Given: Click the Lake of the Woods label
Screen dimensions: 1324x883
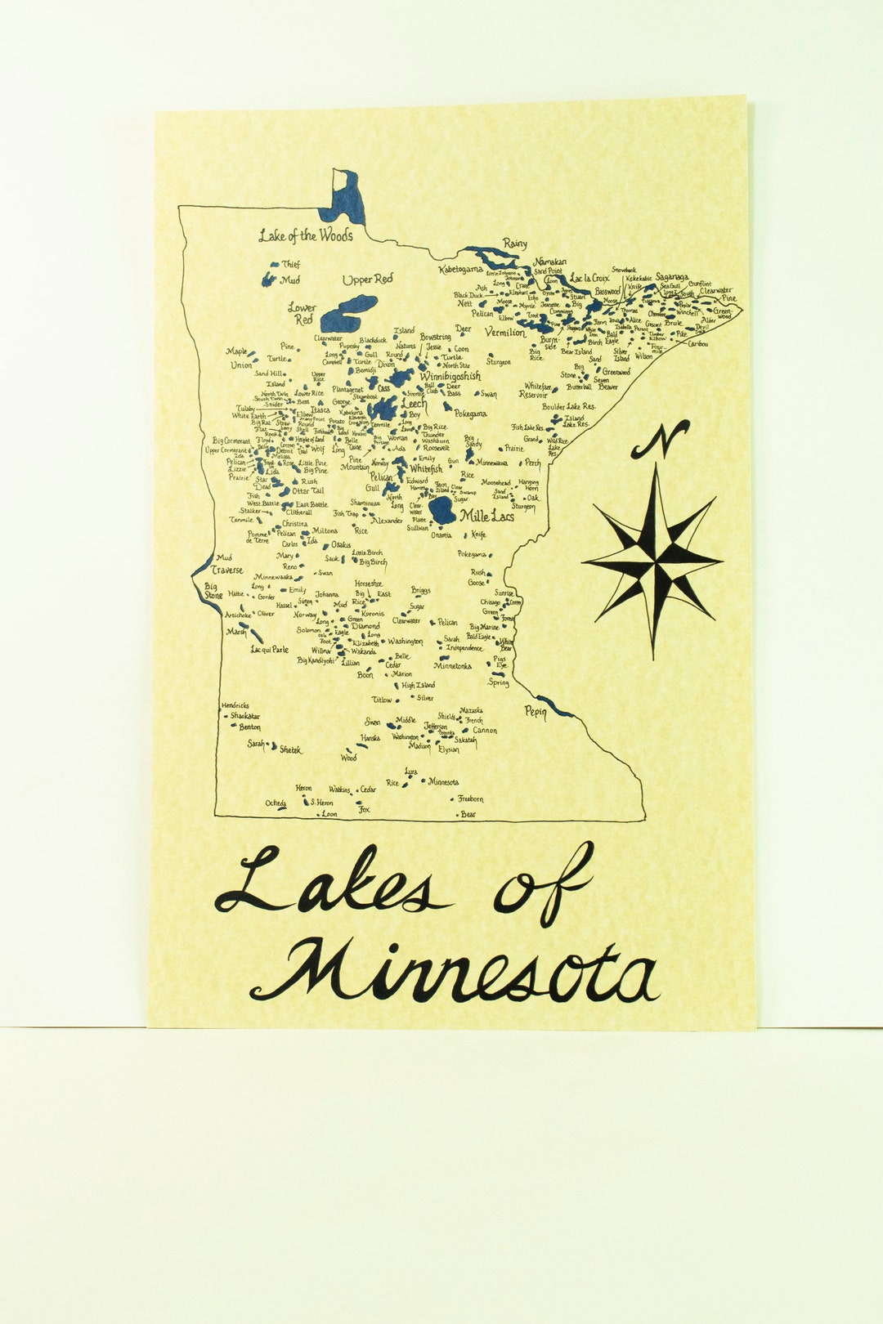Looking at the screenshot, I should click(306, 236).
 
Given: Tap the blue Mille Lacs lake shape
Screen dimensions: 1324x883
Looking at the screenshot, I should click(442, 510).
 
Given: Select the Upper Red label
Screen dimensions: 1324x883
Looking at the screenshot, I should click(367, 280).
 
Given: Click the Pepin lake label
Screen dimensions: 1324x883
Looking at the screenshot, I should click(536, 711).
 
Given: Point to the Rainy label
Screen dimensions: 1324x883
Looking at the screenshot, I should click(515, 244).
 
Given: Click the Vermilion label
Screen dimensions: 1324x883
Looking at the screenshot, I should click(505, 333).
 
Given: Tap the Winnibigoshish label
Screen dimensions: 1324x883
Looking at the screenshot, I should click(450, 376).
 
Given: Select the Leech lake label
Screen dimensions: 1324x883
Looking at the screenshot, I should click(414, 404).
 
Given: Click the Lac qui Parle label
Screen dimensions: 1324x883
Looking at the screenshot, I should click(269, 651).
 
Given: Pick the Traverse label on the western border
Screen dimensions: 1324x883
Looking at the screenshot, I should click(226, 570).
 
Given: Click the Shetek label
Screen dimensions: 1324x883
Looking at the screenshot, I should click(290, 749).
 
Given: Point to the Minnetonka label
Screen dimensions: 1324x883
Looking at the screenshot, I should click(452, 666).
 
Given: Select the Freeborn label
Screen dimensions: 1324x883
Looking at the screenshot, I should click(470, 798).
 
